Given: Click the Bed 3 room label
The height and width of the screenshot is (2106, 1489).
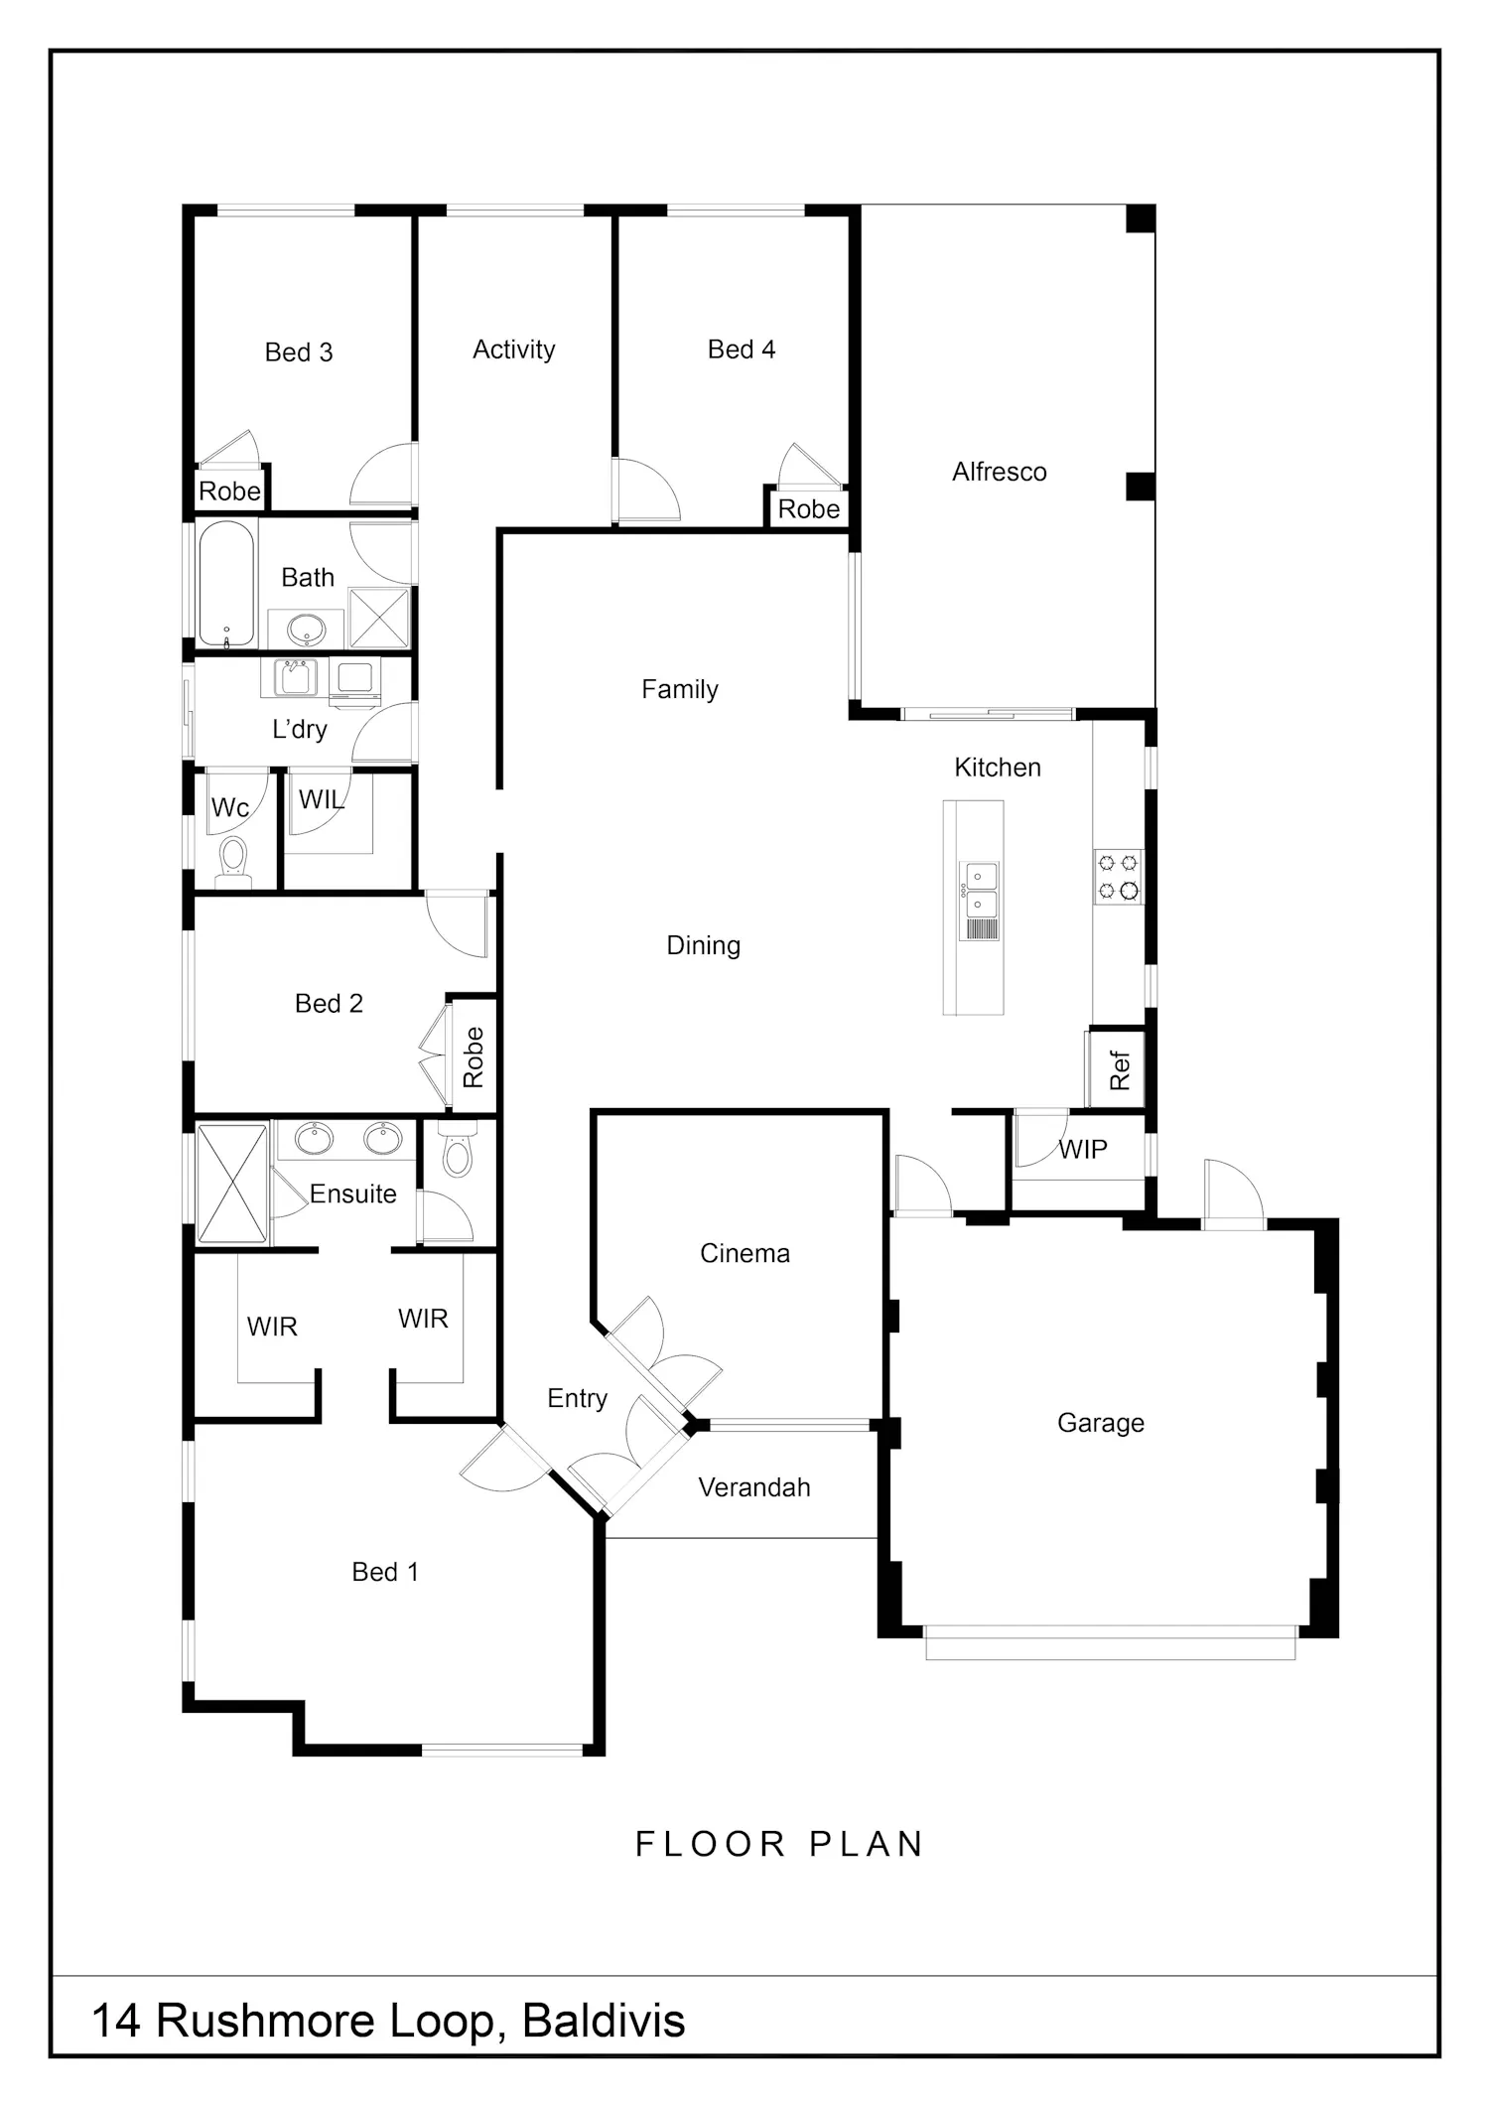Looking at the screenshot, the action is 299,352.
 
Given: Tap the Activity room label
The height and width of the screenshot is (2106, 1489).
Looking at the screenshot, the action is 514,351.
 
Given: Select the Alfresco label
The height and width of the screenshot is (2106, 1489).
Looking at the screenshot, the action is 1000,472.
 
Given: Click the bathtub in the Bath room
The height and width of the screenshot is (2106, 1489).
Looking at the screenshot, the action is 226,584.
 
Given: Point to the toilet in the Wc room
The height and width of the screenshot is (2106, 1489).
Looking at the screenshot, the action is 233,860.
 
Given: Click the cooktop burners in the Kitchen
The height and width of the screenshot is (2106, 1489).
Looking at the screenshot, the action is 1119,877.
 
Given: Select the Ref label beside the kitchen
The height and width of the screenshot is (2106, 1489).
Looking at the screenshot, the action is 1120,1070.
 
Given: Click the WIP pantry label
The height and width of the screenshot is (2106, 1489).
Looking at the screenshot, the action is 1083,1150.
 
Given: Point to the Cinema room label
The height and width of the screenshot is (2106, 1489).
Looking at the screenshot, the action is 744,1253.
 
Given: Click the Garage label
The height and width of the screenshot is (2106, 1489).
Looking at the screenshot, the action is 1101,1424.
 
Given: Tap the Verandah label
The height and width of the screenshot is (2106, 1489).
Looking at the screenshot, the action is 754,1487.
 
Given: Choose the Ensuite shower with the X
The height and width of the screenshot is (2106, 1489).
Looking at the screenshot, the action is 232,1184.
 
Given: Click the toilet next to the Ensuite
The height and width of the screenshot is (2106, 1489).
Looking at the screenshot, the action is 458,1150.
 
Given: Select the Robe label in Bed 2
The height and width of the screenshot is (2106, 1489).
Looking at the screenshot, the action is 474,1056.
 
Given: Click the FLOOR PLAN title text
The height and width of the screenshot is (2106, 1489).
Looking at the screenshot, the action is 780,1845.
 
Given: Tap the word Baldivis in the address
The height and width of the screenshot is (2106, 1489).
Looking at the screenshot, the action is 604,2021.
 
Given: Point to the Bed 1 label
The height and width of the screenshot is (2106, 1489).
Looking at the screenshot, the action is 385,1572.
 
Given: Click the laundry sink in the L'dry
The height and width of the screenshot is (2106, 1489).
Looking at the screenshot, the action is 296,678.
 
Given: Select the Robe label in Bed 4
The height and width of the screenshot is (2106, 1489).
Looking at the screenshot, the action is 809,509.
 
